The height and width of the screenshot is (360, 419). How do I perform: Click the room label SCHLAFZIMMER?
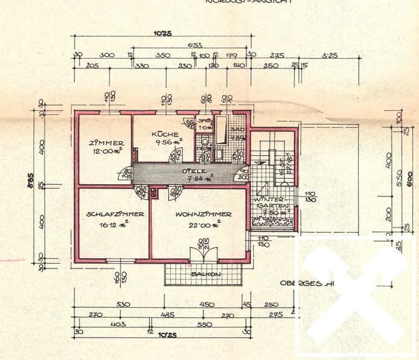coord(115,214)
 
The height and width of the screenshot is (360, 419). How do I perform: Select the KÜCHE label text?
coord(164,135)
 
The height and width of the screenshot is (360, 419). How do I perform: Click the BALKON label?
coord(205,274)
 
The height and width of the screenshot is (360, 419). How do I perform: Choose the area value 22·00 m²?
coord(203,224)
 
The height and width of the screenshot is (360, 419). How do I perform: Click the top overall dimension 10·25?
coord(162,33)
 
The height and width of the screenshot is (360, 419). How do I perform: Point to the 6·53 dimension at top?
coord(195,45)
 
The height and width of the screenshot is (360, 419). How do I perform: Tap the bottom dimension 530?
coord(124,305)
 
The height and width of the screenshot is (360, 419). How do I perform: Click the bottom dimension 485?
coord(168,315)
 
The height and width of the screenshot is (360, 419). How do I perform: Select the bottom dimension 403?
coord(119,324)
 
